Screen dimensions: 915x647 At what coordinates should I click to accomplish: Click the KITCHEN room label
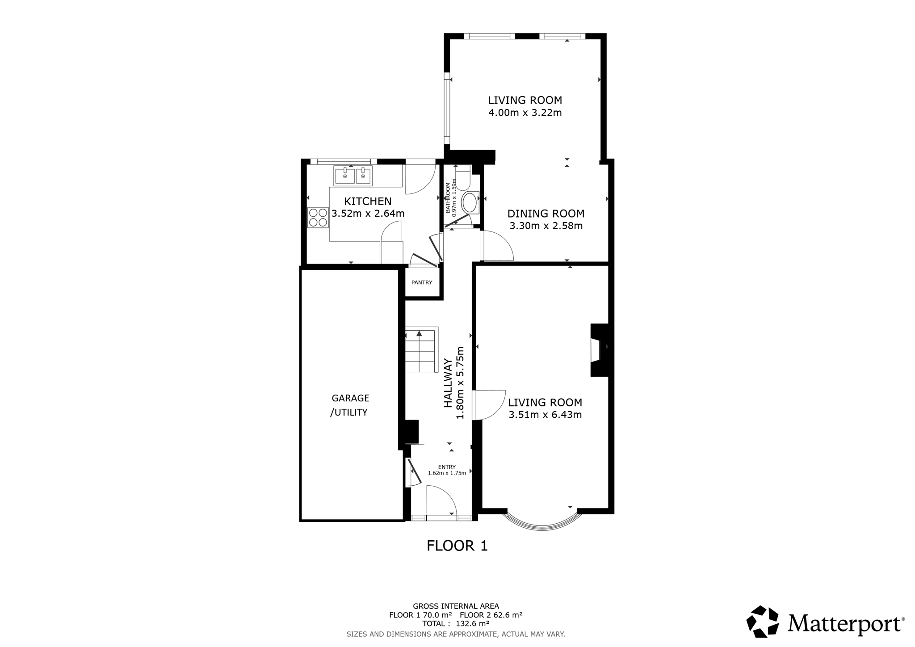(368, 202)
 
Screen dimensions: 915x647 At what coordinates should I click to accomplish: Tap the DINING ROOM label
(546, 214)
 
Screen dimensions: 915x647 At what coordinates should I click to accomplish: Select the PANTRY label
(422, 282)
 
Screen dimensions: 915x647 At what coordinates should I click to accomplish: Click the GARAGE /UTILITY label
(350, 405)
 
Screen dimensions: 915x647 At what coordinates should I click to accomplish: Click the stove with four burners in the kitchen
(318, 218)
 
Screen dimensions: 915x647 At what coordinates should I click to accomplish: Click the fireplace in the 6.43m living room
(600, 350)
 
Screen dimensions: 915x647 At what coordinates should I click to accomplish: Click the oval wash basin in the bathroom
(469, 203)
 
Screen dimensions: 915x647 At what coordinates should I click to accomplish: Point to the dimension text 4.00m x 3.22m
(525, 113)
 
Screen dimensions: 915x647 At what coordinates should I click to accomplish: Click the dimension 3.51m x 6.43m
(545, 415)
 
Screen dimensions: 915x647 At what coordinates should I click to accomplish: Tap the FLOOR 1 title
(457, 546)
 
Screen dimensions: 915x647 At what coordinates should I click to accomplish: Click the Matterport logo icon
(763, 621)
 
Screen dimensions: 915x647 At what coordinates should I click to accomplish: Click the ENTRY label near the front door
(447, 467)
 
